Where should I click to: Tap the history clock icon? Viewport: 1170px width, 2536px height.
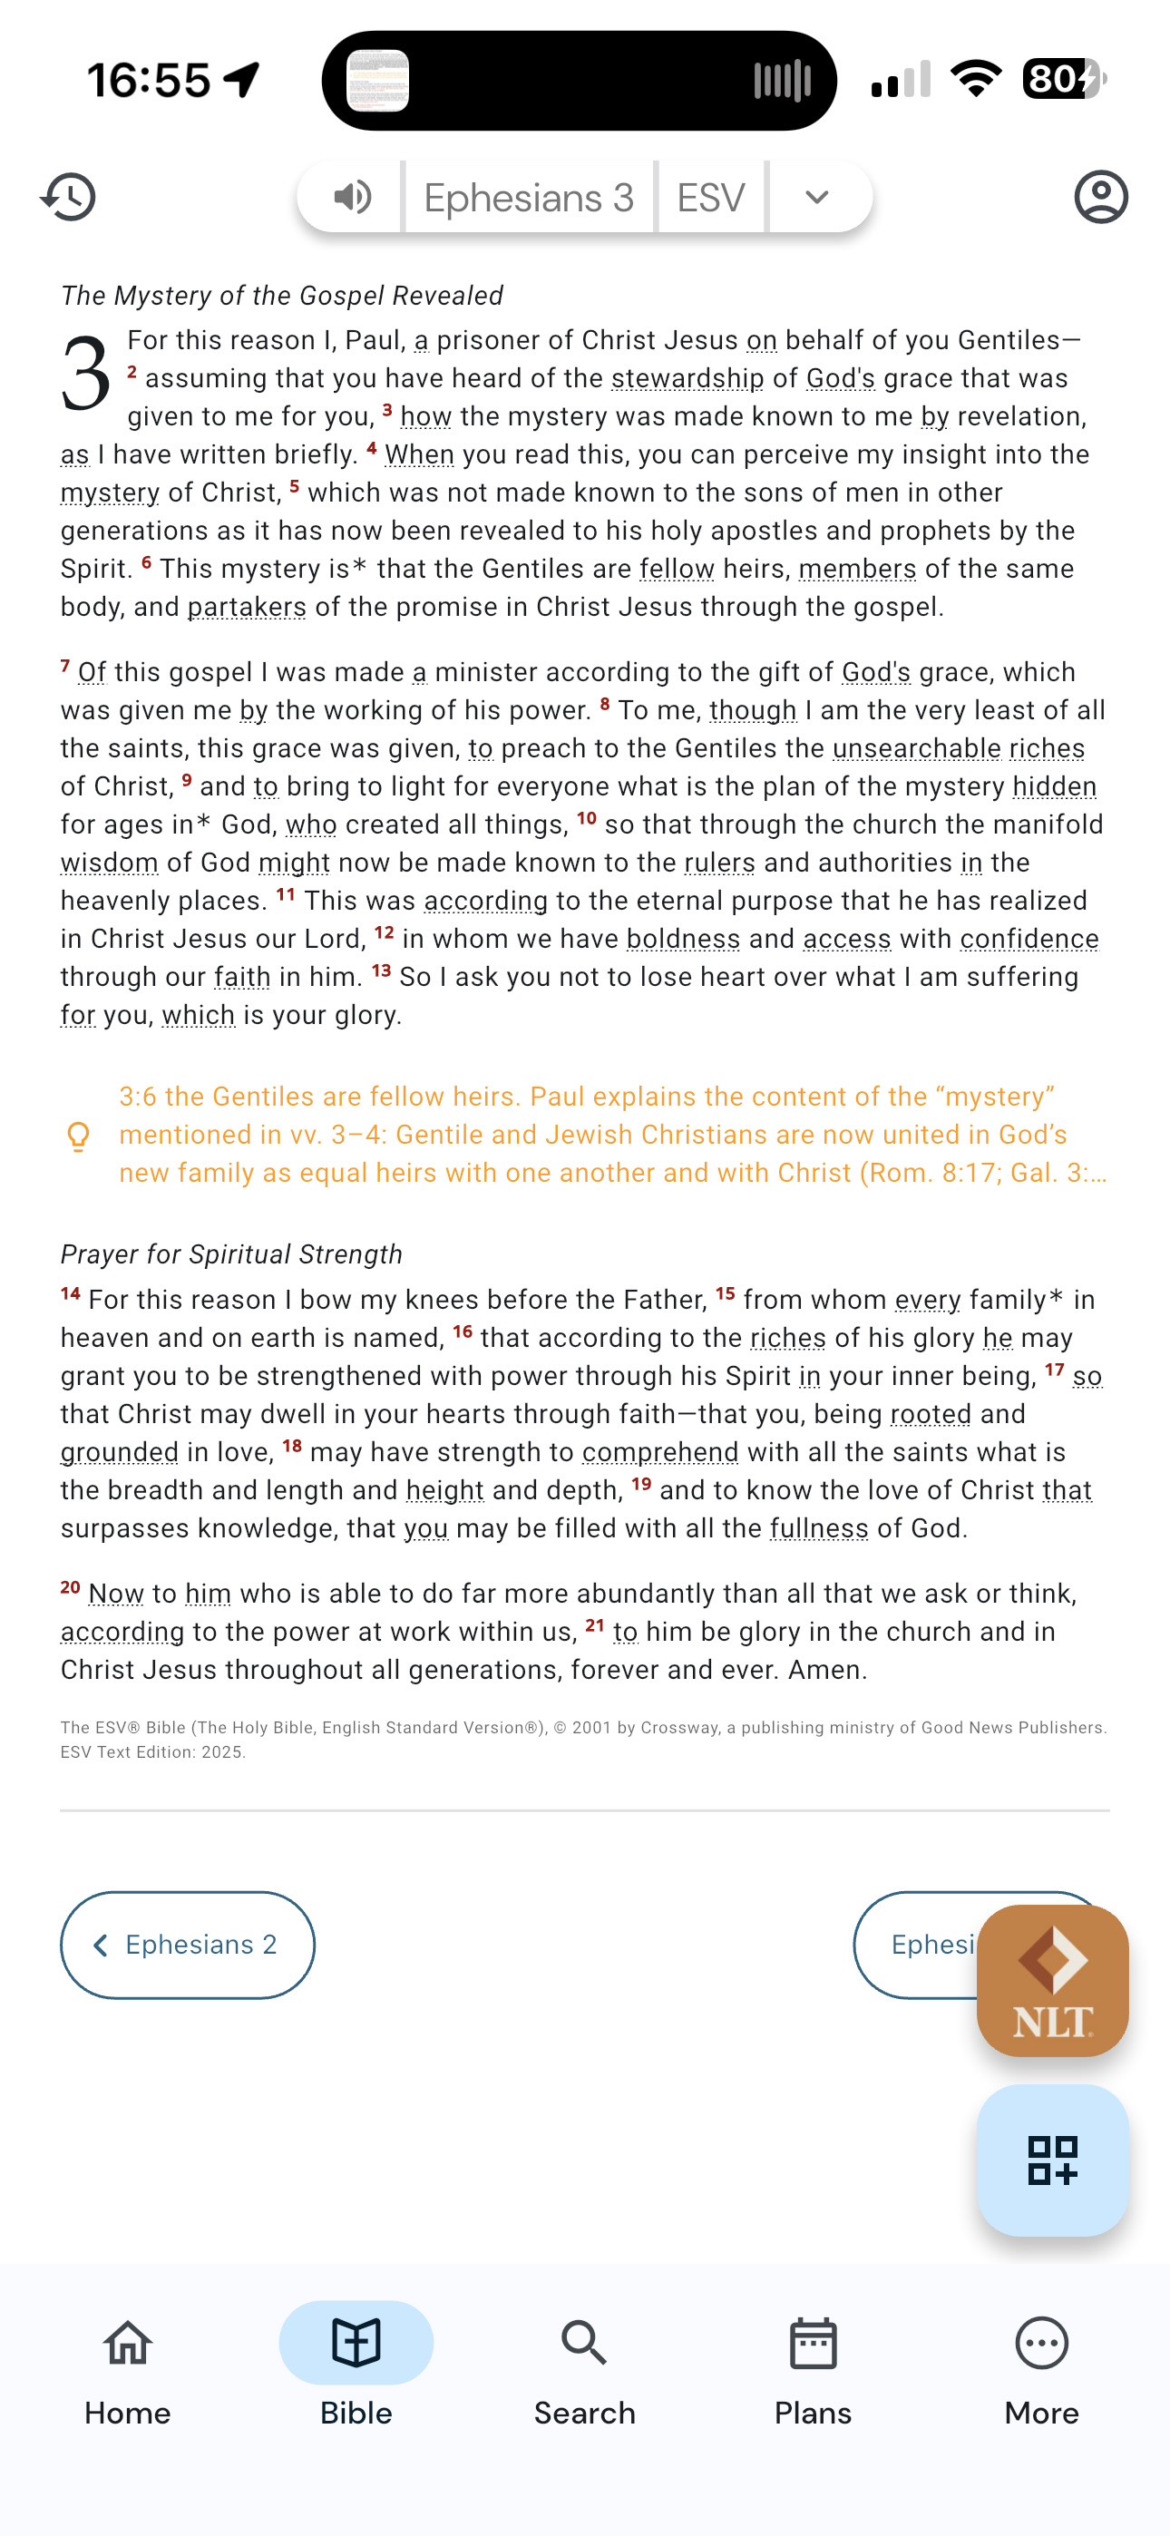pyautogui.click(x=69, y=197)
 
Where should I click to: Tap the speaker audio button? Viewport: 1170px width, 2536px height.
pyautogui.click(x=352, y=197)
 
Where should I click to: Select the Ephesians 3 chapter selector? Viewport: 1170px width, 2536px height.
pyautogui.click(x=529, y=198)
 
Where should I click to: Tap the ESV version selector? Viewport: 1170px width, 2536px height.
pyautogui.click(x=711, y=198)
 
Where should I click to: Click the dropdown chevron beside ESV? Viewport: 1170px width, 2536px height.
pyautogui.click(x=816, y=197)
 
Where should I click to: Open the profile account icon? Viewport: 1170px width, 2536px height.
pyautogui.click(x=1100, y=197)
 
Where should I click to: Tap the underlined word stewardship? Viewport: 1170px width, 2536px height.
pyautogui.click(x=687, y=379)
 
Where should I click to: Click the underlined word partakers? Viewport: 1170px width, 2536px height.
pyautogui.click(x=248, y=608)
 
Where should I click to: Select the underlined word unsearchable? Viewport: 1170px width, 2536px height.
pyautogui.click(x=917, y=749)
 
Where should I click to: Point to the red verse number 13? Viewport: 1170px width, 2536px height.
pyautogui.click(x=381, y=971)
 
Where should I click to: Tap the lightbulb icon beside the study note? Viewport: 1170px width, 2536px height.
pyautogui.click(x=78, y=1137)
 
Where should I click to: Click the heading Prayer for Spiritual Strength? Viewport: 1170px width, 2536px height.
pyautogui.click(x=231, y=1254)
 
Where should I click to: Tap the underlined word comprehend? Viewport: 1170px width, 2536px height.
pyautogui.click(x=660, y=1453)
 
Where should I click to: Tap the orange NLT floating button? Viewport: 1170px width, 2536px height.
pyautogui.click(x=1052, y=1980)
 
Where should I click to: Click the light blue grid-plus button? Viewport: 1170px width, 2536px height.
pyautogui.click(x=1052, y=2159)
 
